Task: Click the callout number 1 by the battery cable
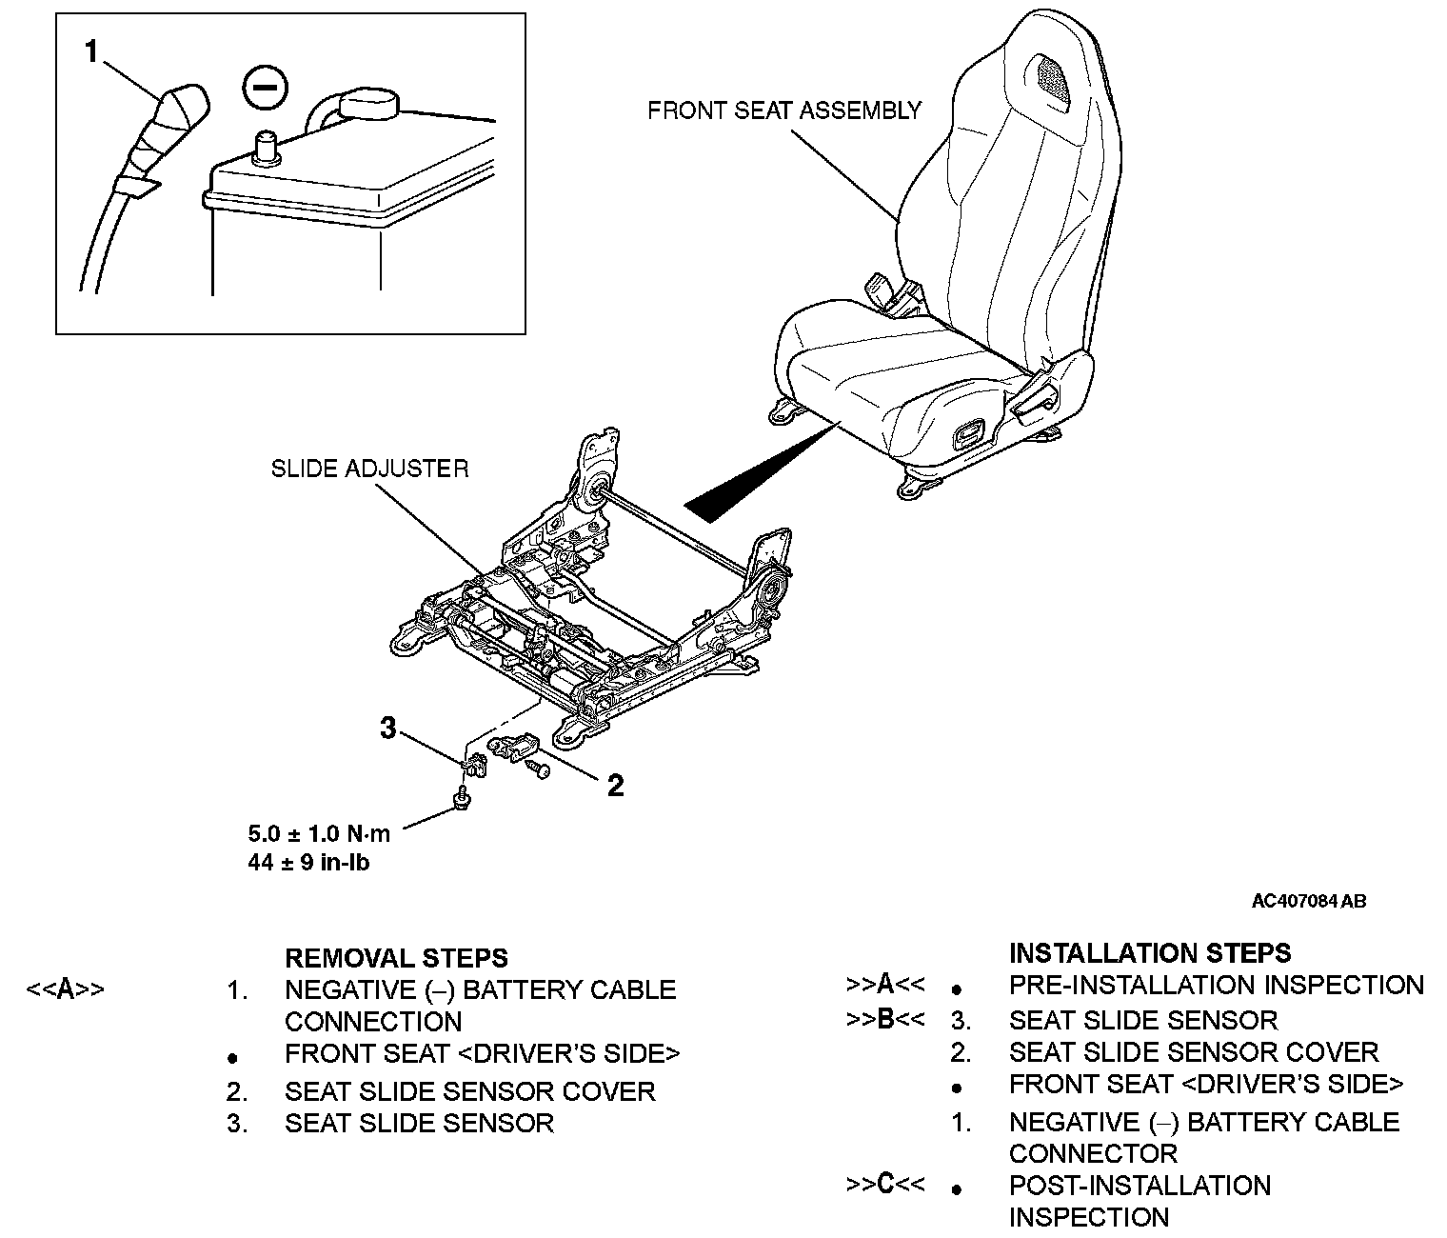tap(91, 51)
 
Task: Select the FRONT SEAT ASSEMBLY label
tap(784, 111)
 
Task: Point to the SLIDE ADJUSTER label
tap(369, 469)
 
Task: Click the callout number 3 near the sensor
tap(387, 729)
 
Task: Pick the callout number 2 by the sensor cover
tap(615, 786)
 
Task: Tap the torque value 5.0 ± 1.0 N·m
tap(319, 833)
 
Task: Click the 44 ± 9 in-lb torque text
tap(308, 864)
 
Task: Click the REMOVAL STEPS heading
tap(396, 957)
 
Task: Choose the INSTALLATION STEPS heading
tap(1149, 953)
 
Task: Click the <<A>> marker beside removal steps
tap(65, 989)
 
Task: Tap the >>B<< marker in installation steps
tap(884, 1019)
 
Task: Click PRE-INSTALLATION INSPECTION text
tap(1216, 986)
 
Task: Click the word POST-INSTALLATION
tap(1140, 1186)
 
